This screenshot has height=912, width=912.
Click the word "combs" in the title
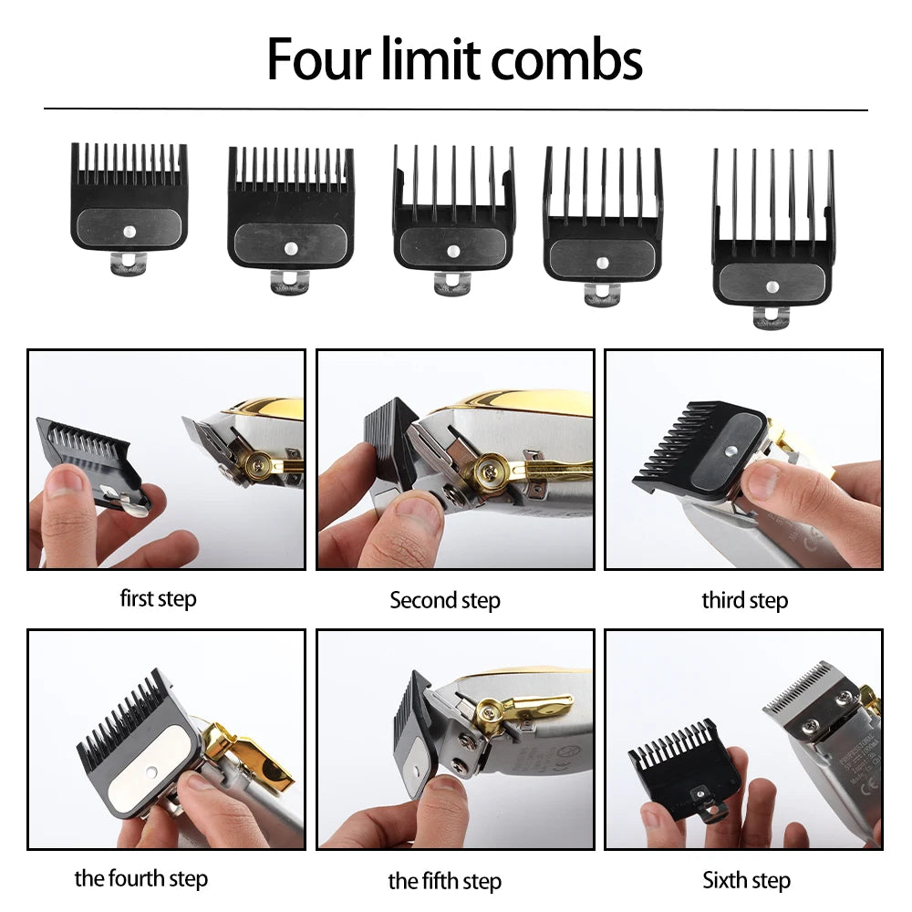[568, 60]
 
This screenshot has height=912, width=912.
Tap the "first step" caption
[158, 598]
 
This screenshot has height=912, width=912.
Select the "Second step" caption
[445, 600]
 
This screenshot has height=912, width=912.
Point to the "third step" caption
[744, 600]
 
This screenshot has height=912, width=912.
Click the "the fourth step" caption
[141, 878]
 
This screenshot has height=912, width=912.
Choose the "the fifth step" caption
[445, 880]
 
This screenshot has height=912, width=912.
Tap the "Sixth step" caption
[746, 879]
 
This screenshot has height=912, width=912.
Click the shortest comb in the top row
[130, 196]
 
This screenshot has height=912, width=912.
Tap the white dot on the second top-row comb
[291, 247]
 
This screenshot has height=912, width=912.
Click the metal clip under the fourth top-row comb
[602, 293]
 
